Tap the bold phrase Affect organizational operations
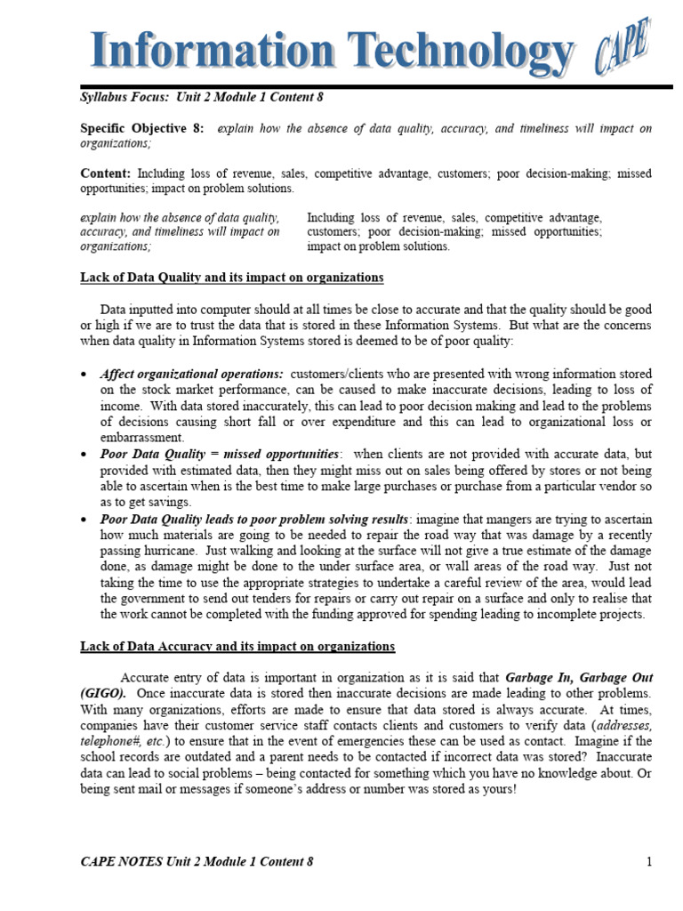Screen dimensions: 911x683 (191, 374)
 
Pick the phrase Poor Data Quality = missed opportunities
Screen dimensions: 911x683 (220, 454)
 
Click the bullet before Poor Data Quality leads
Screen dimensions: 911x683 (84, 519)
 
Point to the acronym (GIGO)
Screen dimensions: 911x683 (103, 693)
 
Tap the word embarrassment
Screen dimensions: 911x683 (142, 438)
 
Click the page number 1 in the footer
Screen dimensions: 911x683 (650, 861)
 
